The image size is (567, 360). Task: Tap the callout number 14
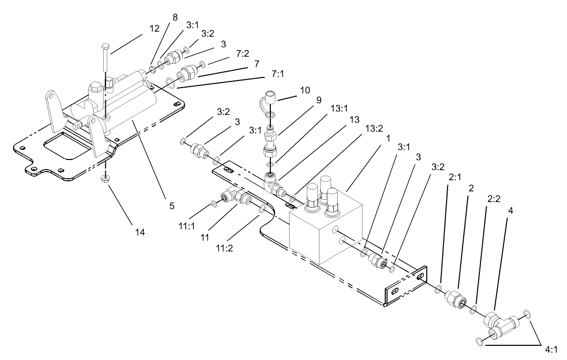[x=140, y=232]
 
